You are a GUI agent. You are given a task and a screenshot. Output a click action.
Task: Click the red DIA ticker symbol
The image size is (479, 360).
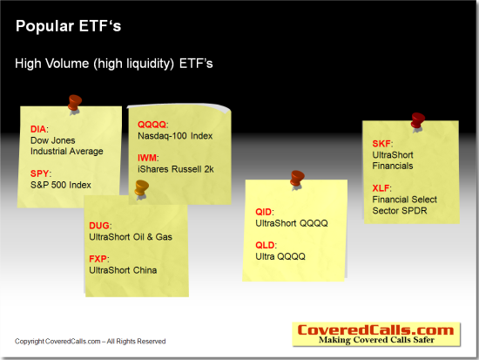(38, 129)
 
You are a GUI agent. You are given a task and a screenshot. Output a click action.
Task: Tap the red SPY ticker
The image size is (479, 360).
(39, 173)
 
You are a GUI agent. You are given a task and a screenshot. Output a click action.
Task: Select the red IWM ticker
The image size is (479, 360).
(147, 158)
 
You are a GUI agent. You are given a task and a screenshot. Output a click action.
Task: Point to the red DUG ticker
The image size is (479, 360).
(99, 226)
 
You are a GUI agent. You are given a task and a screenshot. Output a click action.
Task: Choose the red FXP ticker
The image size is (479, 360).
(98, 259)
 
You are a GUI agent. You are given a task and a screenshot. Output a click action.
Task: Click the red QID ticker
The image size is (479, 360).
(263, 212)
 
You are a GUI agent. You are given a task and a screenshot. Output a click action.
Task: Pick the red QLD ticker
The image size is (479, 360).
(265, 245)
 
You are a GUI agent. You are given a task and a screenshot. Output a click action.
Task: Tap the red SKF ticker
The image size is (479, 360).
(381, 144)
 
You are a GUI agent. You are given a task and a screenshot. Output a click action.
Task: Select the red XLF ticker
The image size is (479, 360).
(381, 187)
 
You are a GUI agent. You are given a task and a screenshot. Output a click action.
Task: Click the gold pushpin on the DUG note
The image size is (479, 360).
(142, 189)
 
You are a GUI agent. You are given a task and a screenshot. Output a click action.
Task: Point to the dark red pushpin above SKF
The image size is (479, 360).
(417, 122)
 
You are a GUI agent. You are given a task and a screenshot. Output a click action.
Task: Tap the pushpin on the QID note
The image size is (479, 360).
(297, 180)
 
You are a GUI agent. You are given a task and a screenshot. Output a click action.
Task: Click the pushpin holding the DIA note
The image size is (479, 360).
(75, 105)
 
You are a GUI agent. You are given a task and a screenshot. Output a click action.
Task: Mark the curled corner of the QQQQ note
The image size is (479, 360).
(225, 110)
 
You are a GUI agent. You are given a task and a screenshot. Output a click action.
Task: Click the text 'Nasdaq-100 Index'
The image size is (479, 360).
(175, 136)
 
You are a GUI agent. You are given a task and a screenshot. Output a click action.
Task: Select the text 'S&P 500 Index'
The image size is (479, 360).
(61, 185)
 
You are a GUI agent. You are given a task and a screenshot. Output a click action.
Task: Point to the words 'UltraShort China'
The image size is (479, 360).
(123, 270)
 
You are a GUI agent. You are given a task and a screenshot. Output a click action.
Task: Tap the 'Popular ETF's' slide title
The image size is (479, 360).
(69, 25)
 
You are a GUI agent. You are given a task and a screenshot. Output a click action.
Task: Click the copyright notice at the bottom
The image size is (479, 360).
(90, 341)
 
